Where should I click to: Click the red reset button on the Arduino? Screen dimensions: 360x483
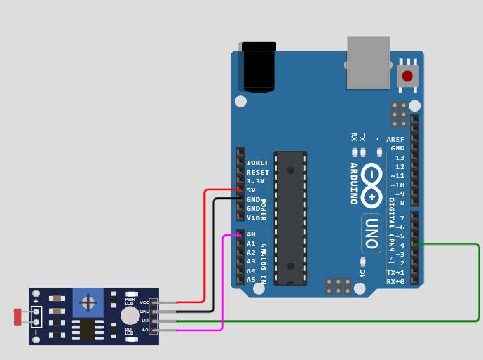tap(407, 76)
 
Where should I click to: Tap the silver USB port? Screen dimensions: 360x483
tap(368, 62)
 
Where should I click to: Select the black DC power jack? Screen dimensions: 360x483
tap(259, 67)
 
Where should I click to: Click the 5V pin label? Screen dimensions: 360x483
tap(251, 190)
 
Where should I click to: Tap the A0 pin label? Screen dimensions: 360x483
tap(251, 234)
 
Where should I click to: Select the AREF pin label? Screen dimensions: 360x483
tap(395, 140)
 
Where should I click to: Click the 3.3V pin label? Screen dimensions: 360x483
tap(255, 182)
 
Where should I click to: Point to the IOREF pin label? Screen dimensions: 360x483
tap(257, 163)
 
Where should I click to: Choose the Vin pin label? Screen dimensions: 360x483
tap(253, 218)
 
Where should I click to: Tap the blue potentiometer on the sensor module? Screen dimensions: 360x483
tap(88, 303)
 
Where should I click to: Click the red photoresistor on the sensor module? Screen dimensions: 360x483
tap(17, 317)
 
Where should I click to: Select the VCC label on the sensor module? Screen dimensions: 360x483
tap(144, 303)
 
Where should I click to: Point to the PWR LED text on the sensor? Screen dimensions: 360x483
tap(130, 301)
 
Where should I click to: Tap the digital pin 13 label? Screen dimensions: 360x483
tap(400, 157)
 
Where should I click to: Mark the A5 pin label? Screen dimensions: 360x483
tap(251, 280)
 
